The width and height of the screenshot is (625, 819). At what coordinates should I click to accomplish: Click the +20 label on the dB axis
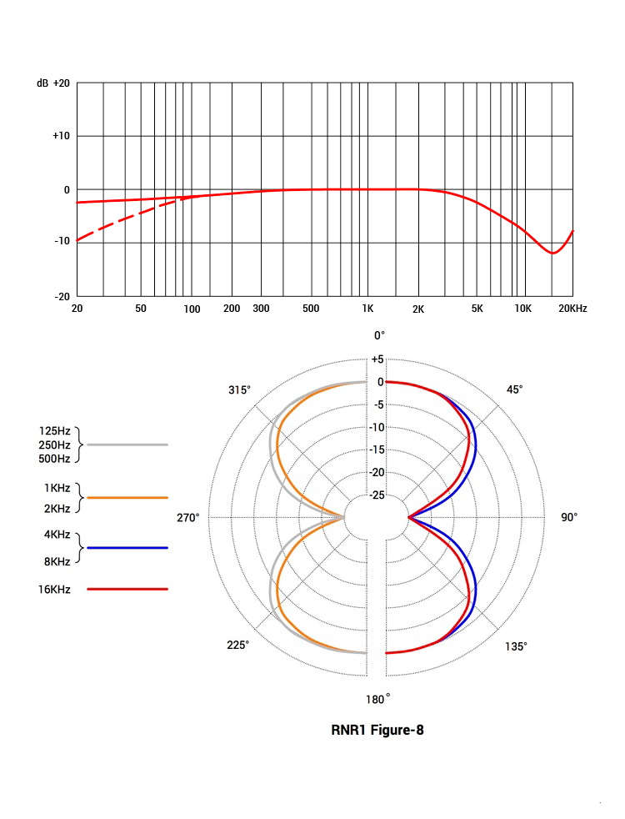(x=61, y=84)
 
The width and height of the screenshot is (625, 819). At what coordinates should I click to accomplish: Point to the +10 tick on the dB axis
(x=61, y=136)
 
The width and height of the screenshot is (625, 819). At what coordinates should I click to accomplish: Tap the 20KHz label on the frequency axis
(x=572, y=309)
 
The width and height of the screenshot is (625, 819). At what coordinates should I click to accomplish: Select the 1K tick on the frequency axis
(x=367, y=309)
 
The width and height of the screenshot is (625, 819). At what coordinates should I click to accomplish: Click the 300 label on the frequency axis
(x=261, y=309)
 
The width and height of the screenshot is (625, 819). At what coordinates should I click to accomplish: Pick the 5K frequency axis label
(x=477, y=309)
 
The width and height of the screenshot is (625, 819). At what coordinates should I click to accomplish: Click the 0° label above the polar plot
(x=379, y=335)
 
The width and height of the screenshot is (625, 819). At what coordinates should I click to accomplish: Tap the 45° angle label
(x=515, y=389)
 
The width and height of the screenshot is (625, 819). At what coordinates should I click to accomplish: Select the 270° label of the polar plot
(x=188, y=518)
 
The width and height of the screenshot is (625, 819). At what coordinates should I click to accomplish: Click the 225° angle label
(x=238, y=646)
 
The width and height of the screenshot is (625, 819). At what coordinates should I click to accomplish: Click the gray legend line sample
(x=127, y=445)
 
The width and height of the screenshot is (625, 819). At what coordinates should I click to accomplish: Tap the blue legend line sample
(x=127, y=548)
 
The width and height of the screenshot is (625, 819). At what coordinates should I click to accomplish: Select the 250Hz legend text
(x=55, y=445)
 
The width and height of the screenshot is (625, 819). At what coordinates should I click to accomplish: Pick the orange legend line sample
(x=127, y=497)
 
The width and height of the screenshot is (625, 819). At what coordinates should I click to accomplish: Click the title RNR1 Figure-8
(x=377, y=731)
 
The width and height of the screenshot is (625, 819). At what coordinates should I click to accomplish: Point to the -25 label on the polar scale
(x=377, y=495)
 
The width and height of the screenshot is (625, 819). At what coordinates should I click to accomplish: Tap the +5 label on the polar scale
(x=377, y=359)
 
